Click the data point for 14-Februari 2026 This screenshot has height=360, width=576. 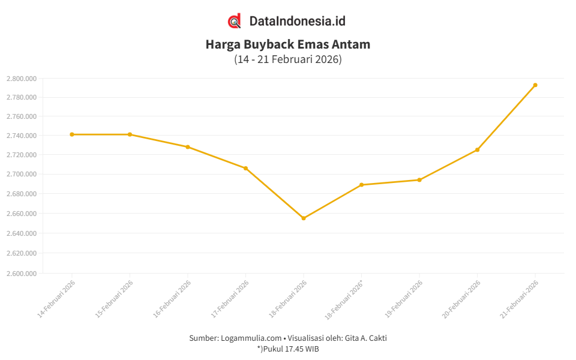[72, 134]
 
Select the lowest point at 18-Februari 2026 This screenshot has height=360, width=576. [304, 218]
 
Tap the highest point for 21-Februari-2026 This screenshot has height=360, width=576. [535, 85]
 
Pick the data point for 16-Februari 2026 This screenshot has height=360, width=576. [188, 147]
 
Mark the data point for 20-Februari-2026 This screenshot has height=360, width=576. [477, 150]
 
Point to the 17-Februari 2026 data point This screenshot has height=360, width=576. [245, 169]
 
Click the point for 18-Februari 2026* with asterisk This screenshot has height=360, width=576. [361, 185]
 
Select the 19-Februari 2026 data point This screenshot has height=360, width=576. [419, 180]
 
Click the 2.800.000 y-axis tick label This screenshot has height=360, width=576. [22, 79]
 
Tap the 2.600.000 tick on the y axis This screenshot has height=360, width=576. [22, 274]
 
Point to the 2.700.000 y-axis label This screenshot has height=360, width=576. [22, 175]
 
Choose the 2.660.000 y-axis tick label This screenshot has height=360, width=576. [22, 214]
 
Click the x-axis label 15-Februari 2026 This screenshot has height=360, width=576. [114, 298]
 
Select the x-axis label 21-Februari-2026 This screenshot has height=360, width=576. [519, 298]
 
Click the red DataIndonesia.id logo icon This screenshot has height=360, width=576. [235, 21]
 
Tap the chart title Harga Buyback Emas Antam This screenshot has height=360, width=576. [288, 44]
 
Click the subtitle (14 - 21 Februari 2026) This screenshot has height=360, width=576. [288, 59]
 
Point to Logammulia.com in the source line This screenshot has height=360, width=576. [251, 338]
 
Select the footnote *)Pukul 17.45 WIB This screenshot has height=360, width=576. [288, 349]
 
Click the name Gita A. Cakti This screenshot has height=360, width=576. [365, 338]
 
